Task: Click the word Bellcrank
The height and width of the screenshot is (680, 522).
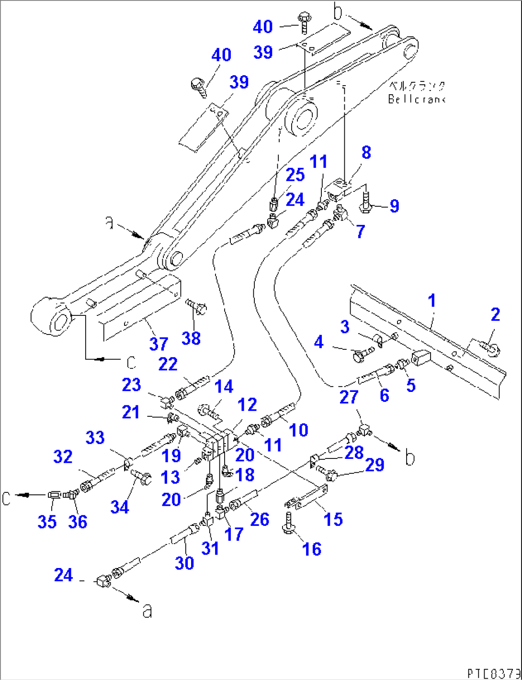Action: click(417, 99)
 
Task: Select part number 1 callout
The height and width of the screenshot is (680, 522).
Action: click(432, 301)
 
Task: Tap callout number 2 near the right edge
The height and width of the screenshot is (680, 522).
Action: click(495, 314)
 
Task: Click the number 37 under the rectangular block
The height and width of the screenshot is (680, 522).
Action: click(159, 344)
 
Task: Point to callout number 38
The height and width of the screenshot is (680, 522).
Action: click(191, 338)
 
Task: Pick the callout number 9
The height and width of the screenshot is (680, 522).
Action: click(394, 206)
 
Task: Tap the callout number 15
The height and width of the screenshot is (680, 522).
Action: click(333, 519)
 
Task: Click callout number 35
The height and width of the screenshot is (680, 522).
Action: click(47, 521)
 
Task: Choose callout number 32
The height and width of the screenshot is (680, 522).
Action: click(63, 457)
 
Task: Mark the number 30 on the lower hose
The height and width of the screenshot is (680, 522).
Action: click(184, 562)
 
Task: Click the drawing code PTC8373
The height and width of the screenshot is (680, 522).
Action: click(494, 672)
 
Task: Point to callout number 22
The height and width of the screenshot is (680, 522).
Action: click(168, 364)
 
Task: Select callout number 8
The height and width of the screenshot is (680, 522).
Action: click(366, 153)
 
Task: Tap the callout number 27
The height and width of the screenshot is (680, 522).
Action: click(349, 397)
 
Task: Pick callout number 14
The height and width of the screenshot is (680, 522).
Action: click(224, 387)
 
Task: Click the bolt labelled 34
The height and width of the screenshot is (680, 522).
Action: click(139, 476)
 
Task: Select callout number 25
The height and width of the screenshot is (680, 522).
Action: click(295, 175)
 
